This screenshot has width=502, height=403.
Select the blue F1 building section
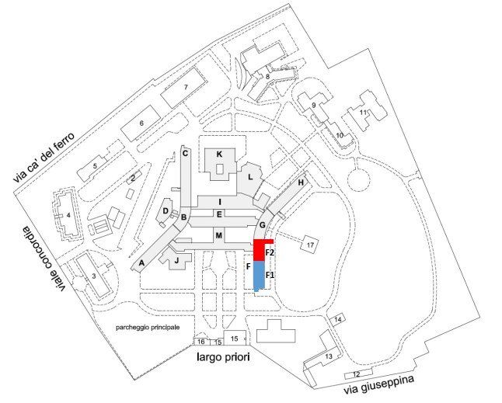(x=259, y=276)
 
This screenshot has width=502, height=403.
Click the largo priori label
(x=223, y=356)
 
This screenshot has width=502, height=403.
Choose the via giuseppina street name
(x=378, y=385)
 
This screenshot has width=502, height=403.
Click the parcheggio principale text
(x=148, y=328)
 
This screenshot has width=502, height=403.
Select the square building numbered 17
(x=310, y=245)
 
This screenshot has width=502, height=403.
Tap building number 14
(x=337, y=319)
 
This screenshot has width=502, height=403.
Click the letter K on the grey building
(x=219, y=155)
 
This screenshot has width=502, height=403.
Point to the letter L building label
(x=250, y=177)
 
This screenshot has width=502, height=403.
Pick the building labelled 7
(x=183, y=87)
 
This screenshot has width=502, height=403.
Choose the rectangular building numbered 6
(x=141, y=123)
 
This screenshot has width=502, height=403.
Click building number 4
(x=68, y=215)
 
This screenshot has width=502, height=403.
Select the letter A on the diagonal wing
(x=141, y=263)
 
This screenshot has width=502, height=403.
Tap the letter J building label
(x=176, y=261)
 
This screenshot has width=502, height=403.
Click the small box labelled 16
(x=201, y=342)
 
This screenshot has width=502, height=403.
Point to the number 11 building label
(x=363, y=113)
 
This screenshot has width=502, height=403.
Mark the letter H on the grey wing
(x=301, y=182)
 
